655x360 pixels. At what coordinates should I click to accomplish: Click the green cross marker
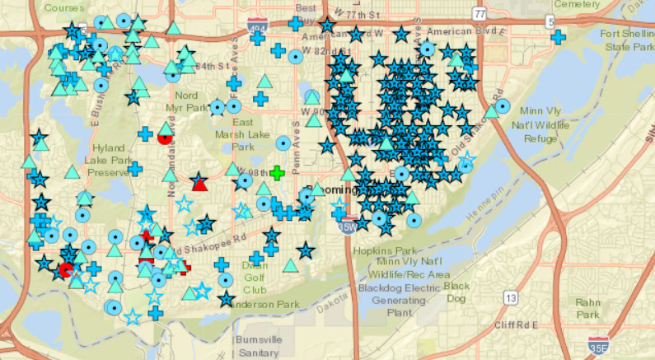coord(277,173)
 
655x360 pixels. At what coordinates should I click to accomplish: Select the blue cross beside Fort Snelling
coord(558,37)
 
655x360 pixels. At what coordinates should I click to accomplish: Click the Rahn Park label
coord(587,308)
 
